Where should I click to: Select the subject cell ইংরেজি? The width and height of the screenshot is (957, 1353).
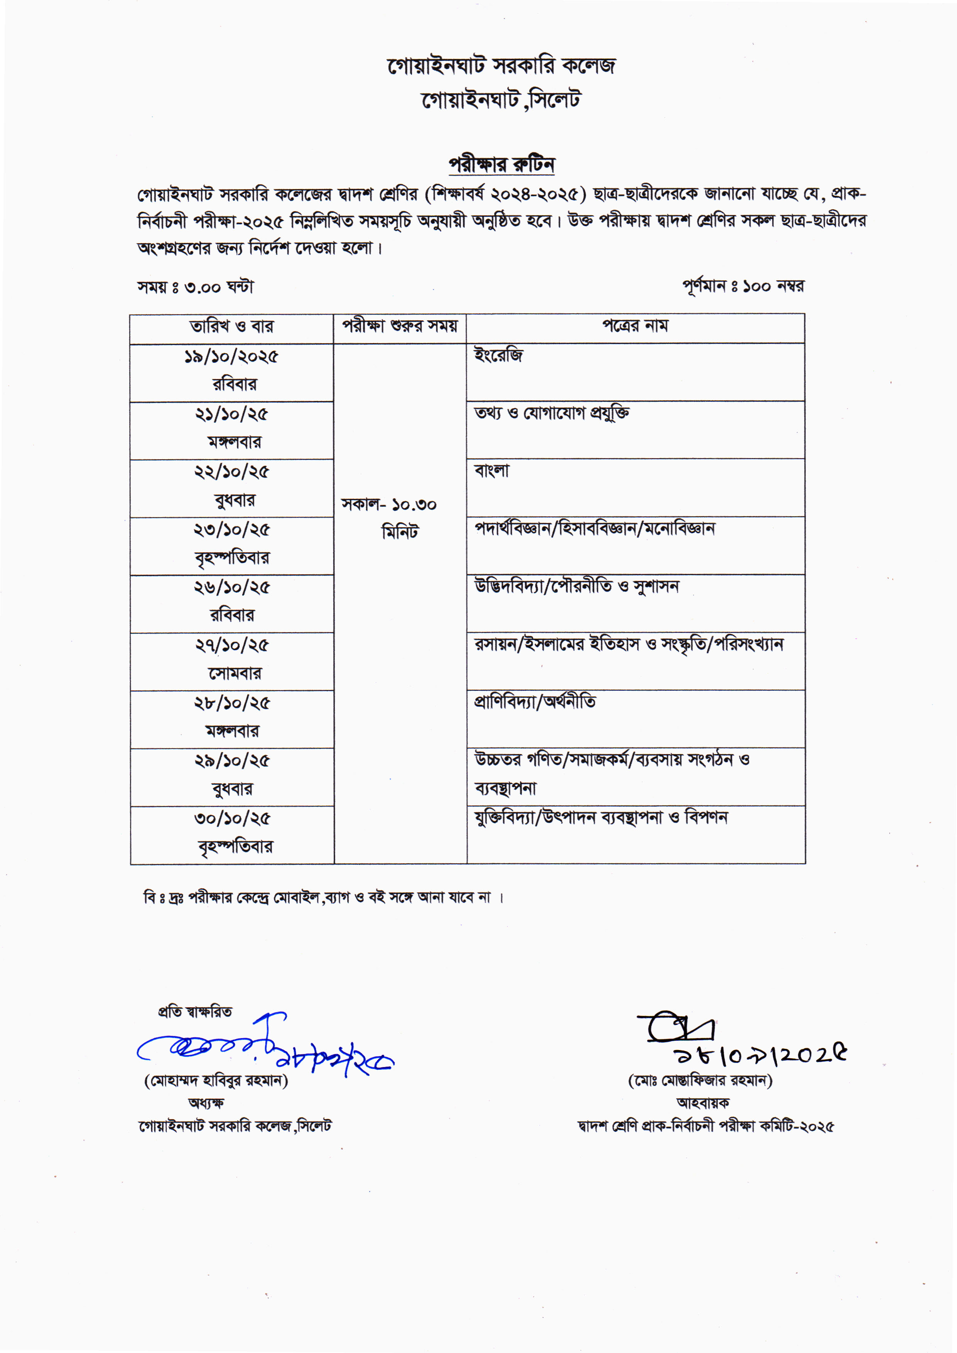pyautogui.click(x=498, y=355)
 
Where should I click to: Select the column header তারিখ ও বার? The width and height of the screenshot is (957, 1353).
pyautogui.click(x=231, y=326)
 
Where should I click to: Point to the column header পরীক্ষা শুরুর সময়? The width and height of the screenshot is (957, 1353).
pyautogui.click(x=400, y=326)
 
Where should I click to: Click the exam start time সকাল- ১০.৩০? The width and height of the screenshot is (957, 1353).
pyautogui.click(x=389, y=505)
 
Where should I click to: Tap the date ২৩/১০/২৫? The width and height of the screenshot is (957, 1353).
pyautogui.click(x=231, y=530)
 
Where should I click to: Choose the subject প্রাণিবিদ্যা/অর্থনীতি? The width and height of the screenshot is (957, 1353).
pyautogui.click(x=535, y=702)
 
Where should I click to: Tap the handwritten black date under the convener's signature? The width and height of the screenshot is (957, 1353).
pyautogui.click(x=760, y=1055)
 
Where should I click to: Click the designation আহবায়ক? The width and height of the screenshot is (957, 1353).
pyautogui.click(x=702, y=1103)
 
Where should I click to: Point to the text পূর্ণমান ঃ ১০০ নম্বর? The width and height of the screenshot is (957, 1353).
pyautogui.click(x=743, y=286)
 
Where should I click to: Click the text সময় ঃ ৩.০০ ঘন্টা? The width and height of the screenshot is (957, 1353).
pyautogui.click(x=196, y=287)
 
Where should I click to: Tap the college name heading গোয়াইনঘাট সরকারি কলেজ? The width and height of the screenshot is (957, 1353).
pyautogui.click(x=501, y=66)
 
